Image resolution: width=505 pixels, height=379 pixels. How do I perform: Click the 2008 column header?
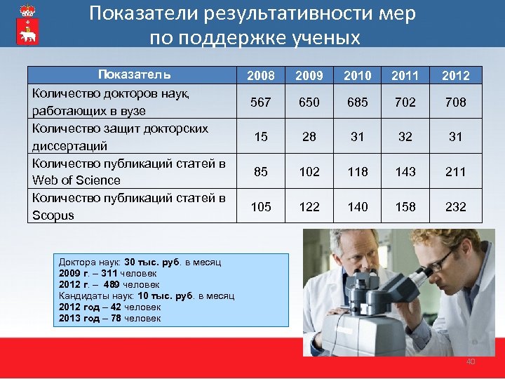(x=260, y=75)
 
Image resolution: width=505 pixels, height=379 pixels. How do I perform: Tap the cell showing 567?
(x=260, y=102)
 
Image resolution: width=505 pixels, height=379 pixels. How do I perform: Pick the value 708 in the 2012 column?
(x=456, y=102)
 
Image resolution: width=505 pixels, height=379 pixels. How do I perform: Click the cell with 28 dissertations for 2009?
(x=309, y=137)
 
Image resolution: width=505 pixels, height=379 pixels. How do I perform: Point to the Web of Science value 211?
(x=456, y=171)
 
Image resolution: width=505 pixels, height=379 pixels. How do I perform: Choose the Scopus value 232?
(x=456, y=206)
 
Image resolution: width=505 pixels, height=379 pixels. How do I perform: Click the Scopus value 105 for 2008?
(x=260, y=206)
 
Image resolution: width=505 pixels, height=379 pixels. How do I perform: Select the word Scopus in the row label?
(x=53, y=215)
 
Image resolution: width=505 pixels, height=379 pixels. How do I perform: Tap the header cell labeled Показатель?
(x=134, y=75)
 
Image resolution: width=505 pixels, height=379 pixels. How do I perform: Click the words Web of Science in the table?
(x=76, y=180)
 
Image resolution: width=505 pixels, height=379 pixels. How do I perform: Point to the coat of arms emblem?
(x=26, y=25)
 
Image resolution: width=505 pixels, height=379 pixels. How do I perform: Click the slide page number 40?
(x=471, y=361)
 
